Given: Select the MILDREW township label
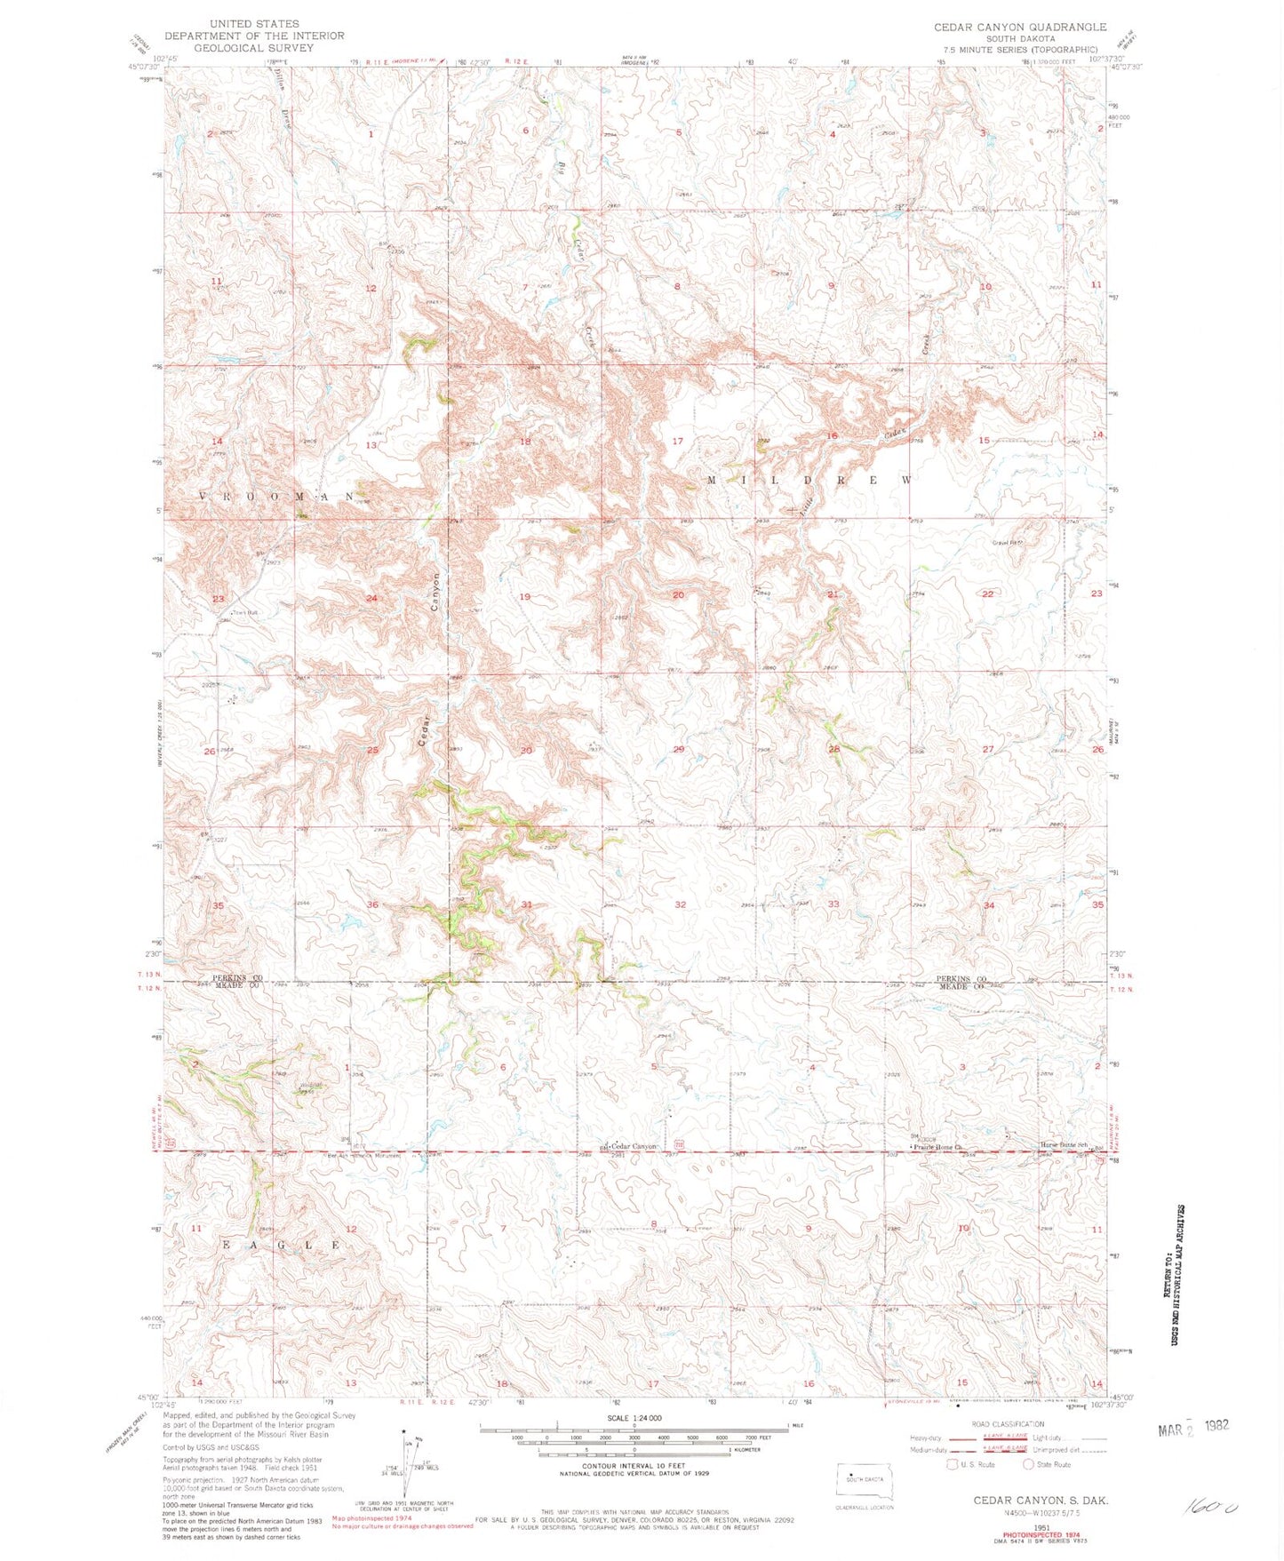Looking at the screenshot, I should coord(809,480).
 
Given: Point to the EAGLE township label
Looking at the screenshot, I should coord(281,1246).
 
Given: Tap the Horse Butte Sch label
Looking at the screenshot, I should coord(1064,1145).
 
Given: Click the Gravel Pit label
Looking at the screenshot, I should coord(1009,542).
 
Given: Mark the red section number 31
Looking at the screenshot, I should coord(526,904).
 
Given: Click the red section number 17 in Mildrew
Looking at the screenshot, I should coord(678,441).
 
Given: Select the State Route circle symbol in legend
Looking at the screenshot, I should coord(1029,1464).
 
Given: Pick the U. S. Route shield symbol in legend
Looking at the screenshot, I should coord(952,1464).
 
